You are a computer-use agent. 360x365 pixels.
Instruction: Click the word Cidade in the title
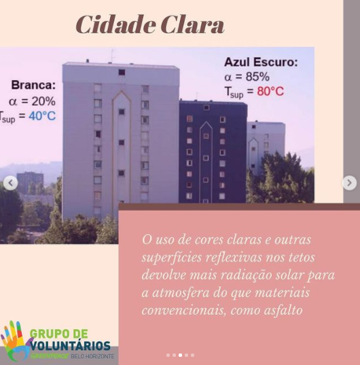115,24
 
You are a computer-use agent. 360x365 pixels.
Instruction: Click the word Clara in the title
192,24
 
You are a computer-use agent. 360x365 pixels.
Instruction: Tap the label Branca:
33,85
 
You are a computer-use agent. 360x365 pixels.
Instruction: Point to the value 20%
43,101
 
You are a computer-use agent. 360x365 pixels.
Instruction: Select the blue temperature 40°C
42,116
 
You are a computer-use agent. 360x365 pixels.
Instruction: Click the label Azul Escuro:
261,62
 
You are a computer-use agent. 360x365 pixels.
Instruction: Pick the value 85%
257,77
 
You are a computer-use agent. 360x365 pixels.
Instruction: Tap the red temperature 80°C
270,91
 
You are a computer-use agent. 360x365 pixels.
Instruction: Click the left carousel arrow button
10,183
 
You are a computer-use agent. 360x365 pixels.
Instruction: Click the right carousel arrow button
349,183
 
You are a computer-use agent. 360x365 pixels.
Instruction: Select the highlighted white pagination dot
181,356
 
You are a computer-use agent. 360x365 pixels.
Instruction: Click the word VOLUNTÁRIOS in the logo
71,346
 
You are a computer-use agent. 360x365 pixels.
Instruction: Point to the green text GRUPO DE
59,334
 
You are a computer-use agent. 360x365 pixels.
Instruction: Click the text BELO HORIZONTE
92,356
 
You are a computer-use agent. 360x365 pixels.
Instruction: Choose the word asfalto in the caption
283,310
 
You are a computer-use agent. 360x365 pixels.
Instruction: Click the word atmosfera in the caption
181,292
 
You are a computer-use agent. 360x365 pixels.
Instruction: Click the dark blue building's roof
213,102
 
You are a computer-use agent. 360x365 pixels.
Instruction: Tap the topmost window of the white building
122,72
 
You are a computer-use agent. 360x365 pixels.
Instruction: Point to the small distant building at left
30,182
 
